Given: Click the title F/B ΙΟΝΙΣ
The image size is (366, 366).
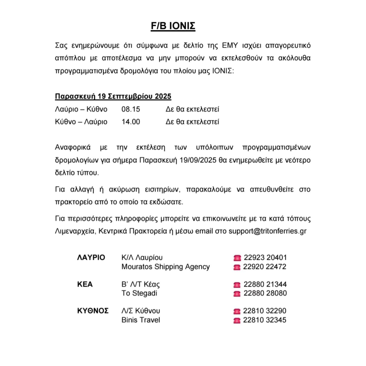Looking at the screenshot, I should coord(173,26).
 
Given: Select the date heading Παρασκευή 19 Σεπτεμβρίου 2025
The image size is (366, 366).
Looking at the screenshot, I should coord(113,96).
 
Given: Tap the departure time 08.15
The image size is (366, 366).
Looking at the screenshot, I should coord(131,109).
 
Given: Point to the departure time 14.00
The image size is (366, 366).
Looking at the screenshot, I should coord(131,122).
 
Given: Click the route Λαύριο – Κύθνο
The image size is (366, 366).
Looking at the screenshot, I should coord(81,109).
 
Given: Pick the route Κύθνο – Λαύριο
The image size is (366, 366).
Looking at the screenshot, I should coord(81,122).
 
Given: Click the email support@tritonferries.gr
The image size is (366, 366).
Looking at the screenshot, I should coord(267,231).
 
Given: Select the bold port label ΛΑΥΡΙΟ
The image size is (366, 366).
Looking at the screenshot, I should coord(91,258).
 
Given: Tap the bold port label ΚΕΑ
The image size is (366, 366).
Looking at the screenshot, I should coord(85,284).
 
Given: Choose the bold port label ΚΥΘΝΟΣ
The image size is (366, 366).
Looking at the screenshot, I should coord(93,311).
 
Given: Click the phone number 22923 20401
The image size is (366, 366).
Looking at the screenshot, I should coord(265,258).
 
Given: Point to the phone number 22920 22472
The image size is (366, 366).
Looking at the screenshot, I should coord(265,267).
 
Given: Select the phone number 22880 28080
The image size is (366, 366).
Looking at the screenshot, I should coord(265,293).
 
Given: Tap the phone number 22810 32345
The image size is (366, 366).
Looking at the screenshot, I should coord(265,320).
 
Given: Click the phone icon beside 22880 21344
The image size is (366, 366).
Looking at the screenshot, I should coord(237,285).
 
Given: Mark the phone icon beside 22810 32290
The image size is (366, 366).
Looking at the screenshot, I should coord(237,311).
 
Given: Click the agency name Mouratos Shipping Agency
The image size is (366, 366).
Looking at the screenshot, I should coord(166,267).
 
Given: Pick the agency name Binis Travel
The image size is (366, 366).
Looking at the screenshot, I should coord(141,320).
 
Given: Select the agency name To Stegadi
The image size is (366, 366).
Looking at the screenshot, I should coord(139,293).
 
